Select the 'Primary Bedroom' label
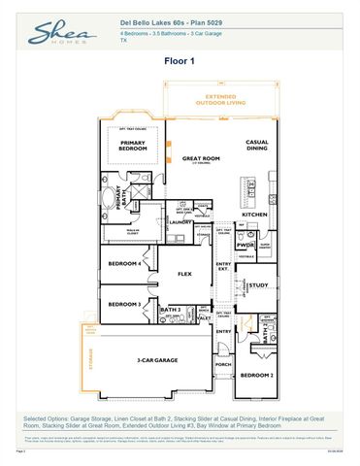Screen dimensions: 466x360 [133, 146]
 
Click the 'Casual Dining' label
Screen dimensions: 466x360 [256, 146]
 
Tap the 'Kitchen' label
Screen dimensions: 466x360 [253, 214]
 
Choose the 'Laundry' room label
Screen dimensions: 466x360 [181, 222]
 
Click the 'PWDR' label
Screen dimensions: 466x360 [245, 246]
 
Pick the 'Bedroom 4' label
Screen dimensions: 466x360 [124, 264]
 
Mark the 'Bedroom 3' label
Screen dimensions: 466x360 [124, 304]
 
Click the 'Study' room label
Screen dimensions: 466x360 [257, 285]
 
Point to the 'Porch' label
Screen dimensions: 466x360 [223, 366]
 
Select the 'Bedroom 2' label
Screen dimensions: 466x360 [255, 375]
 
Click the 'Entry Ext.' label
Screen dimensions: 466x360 [223, 266]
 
